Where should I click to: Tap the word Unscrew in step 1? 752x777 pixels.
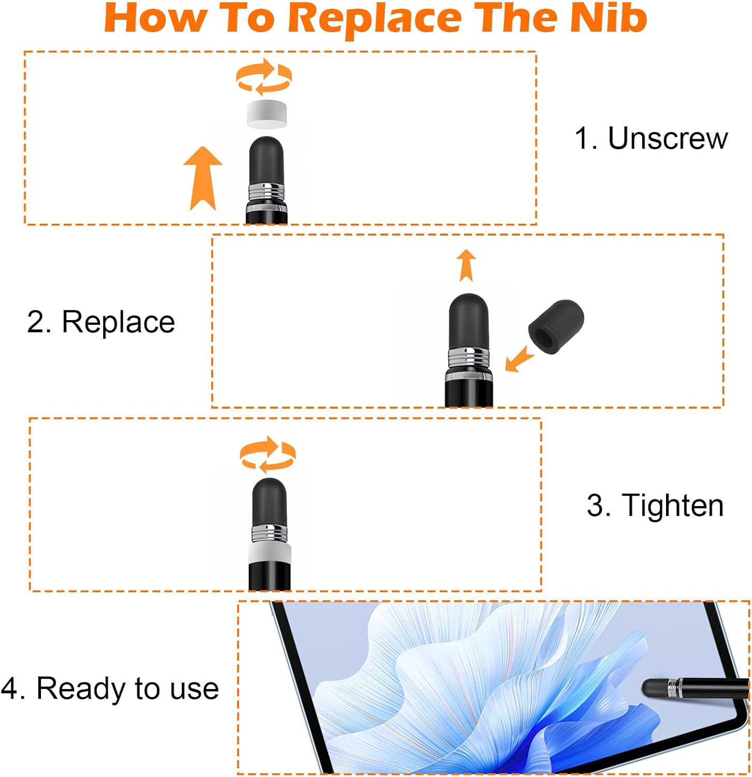point(668,138)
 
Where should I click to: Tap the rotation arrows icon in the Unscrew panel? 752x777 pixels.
point(264,76)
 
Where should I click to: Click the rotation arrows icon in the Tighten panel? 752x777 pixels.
point(267,454)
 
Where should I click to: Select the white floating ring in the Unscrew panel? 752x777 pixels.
point(267,114)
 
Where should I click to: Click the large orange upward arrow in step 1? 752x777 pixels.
point(203,178)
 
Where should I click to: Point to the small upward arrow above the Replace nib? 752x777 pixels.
point(467,265)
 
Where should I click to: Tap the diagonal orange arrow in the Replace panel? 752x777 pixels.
point(519,358)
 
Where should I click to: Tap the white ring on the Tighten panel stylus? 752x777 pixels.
point(269,556)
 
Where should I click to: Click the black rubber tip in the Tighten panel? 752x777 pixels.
point(269,501)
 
